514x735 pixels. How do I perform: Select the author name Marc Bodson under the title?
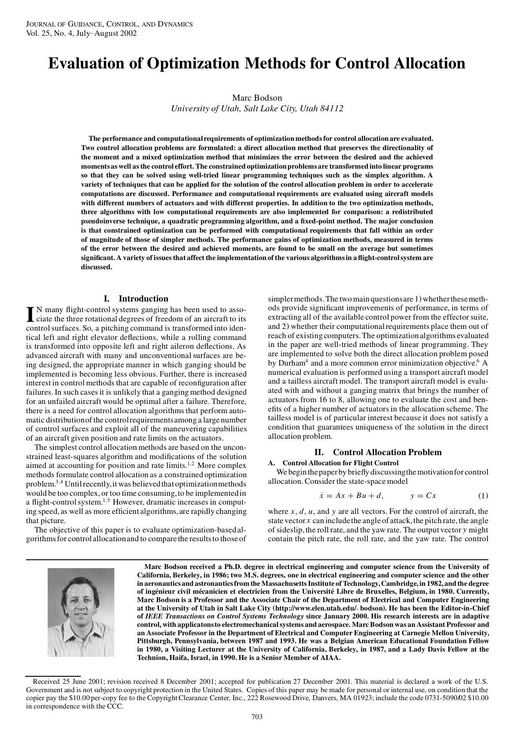tap(257, 98)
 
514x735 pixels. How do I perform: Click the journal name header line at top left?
tap(109, 24)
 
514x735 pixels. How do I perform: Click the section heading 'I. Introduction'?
tap(136, 298)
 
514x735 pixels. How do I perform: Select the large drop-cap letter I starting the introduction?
tap(30, 314)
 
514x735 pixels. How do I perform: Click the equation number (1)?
tap(483, 496)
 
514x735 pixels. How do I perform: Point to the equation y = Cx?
tap(423, 496)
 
